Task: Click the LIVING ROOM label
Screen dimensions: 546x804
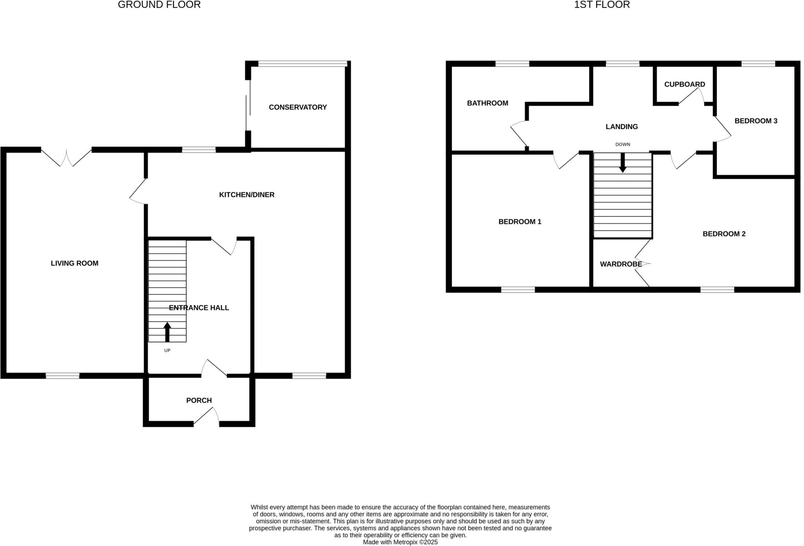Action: coord(75,263)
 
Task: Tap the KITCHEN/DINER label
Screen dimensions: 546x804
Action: coord(247,195)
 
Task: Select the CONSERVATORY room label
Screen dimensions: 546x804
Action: coord(298,107)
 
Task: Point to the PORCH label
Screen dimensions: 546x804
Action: coord(199,400)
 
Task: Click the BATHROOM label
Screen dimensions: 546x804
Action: coord(487,103)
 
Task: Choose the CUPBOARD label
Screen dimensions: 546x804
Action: coord(684,84)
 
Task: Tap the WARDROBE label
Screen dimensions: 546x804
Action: coord(621,264)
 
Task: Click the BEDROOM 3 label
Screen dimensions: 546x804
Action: coord(756,121)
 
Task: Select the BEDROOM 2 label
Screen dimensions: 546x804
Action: coord(724,234)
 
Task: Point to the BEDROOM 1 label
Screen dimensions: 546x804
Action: coord(520,222)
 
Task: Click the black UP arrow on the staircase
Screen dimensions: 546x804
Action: coord(167,331)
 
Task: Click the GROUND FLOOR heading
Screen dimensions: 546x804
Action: coord(159,5)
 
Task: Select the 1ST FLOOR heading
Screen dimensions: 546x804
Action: coord(602,5)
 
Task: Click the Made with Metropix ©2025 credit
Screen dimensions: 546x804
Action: coord(400,542)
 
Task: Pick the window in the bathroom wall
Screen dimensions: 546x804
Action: coord(512,64)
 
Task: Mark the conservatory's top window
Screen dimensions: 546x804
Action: coord(302,64)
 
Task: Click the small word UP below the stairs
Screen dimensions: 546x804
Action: coord(167,350)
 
